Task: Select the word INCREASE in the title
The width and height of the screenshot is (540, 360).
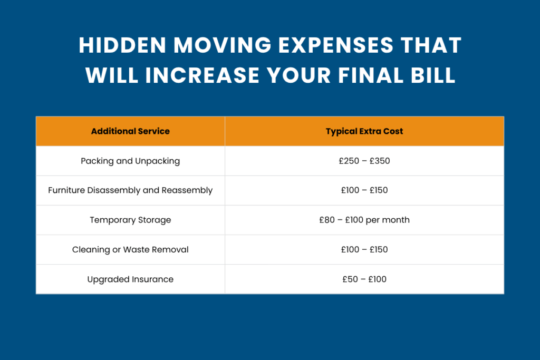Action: pos(203,75)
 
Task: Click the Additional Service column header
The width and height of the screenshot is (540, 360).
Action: pos(130,131)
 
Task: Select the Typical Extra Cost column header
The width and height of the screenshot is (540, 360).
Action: pos(364,131)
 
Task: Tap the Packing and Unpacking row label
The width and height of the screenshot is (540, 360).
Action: pos(130,161)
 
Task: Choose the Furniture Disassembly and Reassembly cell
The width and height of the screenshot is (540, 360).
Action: pos(130,190)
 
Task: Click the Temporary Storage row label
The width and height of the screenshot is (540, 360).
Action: pos(130,220)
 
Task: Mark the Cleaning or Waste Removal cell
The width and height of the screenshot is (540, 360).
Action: pos(130,249)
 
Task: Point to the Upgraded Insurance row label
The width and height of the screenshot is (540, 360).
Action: pos(130,279)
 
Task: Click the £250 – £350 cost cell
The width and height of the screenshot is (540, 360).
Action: pos(364,161)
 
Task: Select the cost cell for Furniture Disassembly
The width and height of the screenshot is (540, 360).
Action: pos(364,190)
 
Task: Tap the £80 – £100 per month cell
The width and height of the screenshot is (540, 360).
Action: pos(364,220)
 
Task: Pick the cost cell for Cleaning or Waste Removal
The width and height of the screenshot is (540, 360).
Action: pos(364,249)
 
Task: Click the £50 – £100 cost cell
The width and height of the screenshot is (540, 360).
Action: pos(364,279)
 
